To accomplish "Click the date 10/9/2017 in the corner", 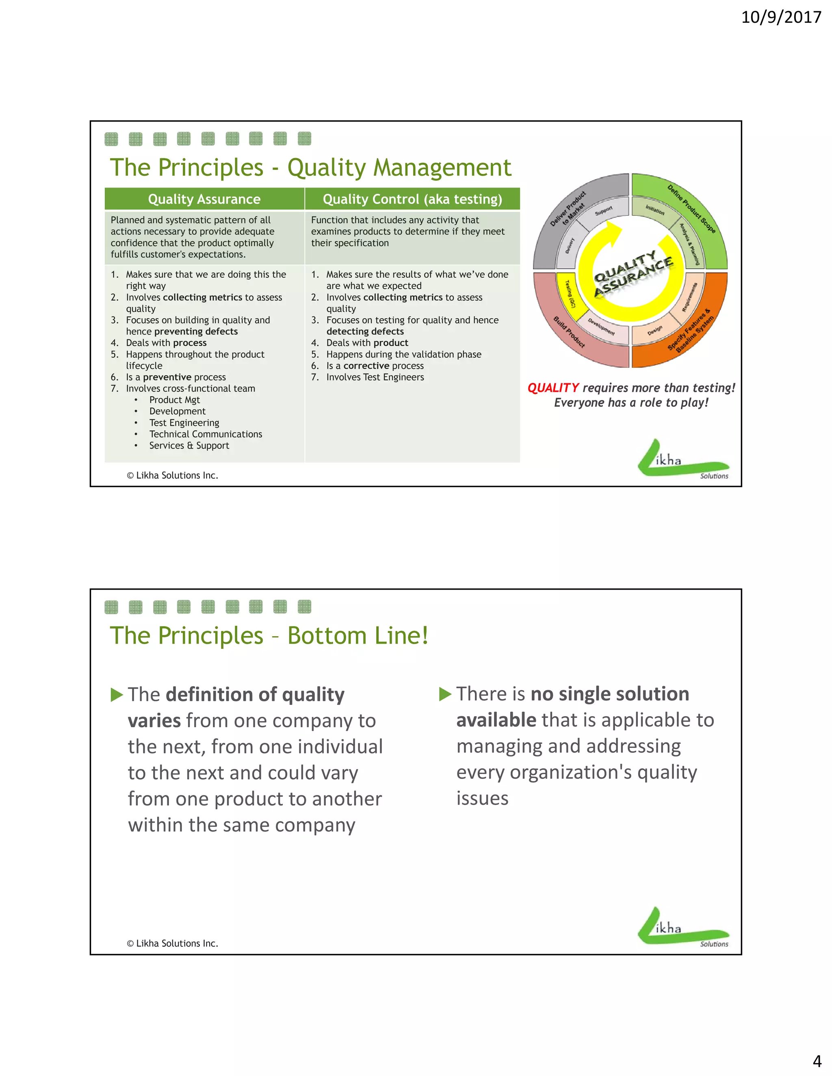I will [x=781, y=17].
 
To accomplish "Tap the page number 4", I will [x=817, y=1061].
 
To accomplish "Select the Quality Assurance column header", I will [x=204, y=199].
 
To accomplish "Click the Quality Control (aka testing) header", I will [x=412, y=199].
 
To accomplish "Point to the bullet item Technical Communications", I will [x=206, y=434].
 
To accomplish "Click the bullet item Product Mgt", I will [x=174, y=400].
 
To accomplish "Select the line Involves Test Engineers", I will [x=375, y=377].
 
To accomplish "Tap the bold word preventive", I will [x=167, y=377].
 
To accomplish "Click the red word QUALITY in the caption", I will [x=553, y=388].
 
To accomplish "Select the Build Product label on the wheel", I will [x=569, y=332].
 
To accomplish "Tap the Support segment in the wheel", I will [x=603, y=211].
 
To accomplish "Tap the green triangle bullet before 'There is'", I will [x=445, y=694].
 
